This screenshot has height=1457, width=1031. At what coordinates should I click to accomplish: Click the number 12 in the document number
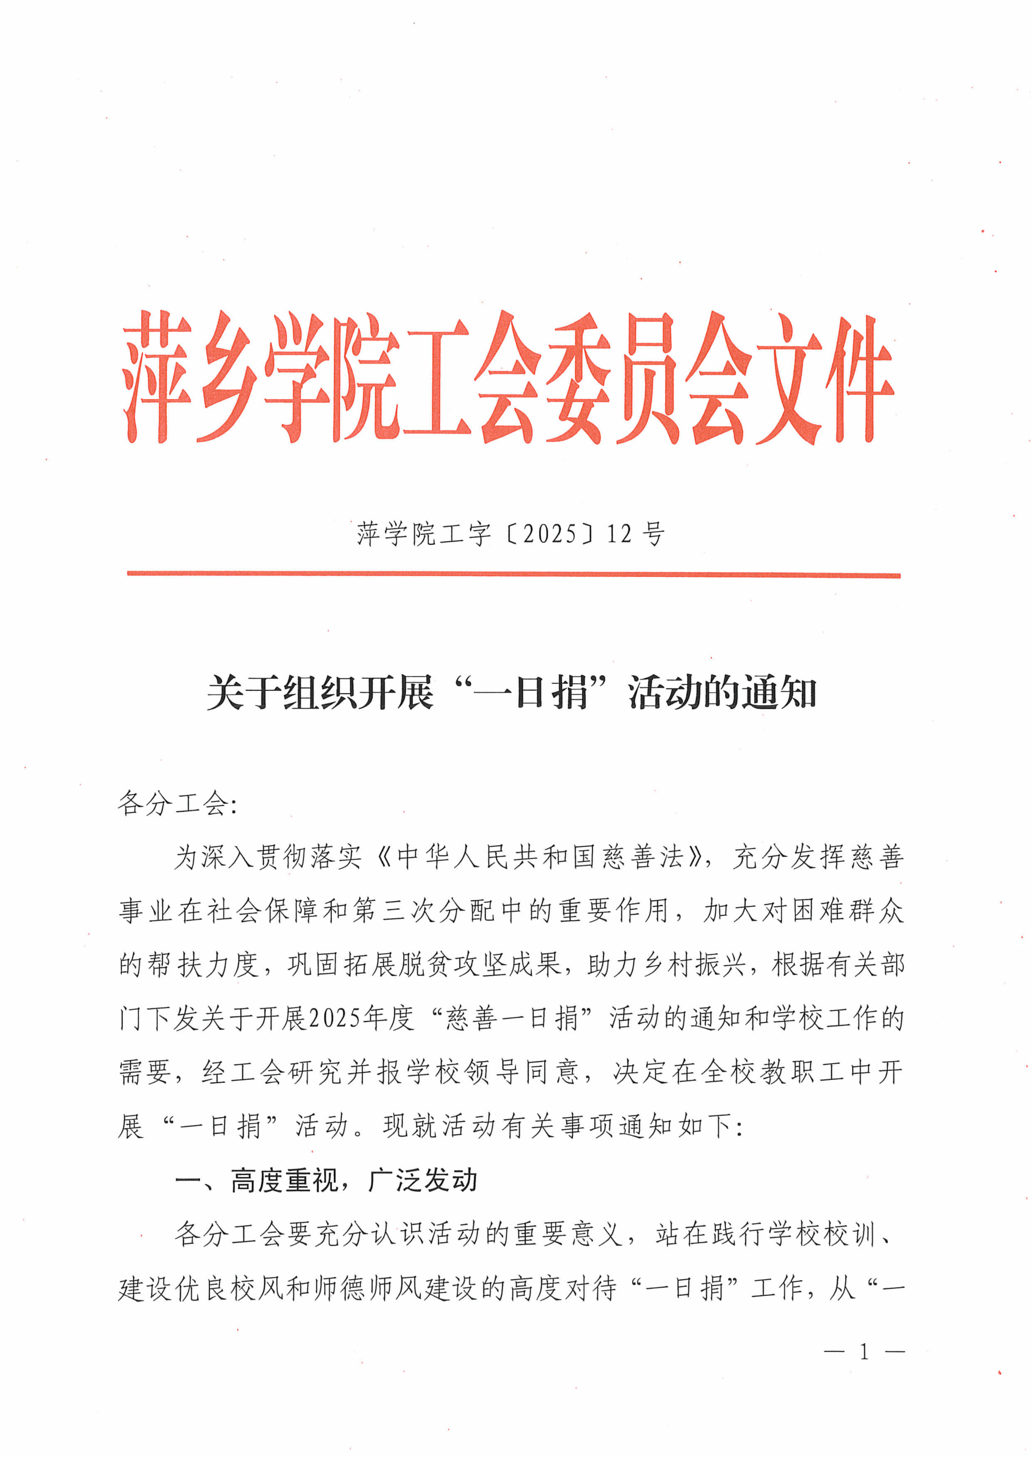pyautogui.click(x=620, y=534)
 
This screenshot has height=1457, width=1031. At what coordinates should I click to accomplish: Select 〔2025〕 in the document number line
pyautogui.click(x=550, y=534)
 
